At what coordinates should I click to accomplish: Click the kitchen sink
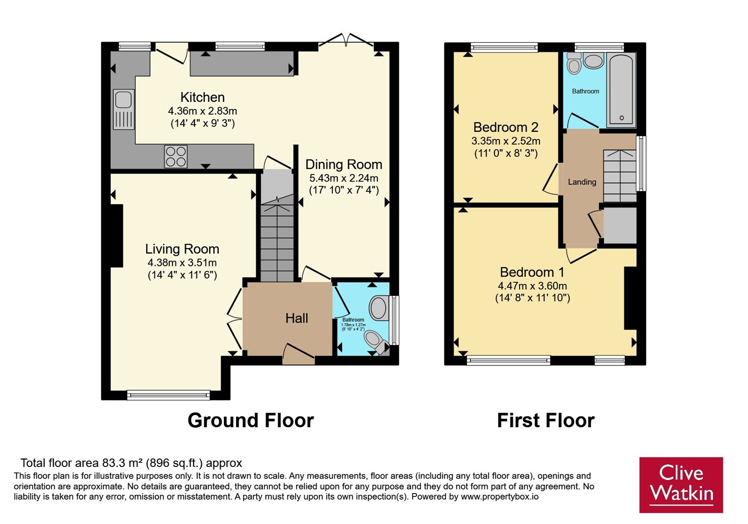click(123, 109)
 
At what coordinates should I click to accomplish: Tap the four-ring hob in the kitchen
click(176, 156)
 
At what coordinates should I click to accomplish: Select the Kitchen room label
click(202, 97)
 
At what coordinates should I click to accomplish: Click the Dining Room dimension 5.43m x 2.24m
click(344, 178)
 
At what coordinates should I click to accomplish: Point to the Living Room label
click(182, 249)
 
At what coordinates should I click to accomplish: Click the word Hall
click(296, 318)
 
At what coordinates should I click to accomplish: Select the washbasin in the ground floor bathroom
click(379, 308)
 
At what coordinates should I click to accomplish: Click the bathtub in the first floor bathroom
click(621, 90)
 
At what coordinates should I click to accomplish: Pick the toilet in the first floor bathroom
click(574, 63)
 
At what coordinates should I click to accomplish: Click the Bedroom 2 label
click(505, 127)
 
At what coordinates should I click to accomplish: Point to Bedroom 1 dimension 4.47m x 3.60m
click(532, 286)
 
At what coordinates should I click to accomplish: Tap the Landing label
click(582, 182)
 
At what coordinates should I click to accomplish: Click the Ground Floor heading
click(251, 420)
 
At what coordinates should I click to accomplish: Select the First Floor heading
click(546, 420)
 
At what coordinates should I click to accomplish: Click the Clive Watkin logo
click(681, 485)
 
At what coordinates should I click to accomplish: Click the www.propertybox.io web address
click(500, 496)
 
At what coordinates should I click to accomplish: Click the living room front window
click(168, 395)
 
